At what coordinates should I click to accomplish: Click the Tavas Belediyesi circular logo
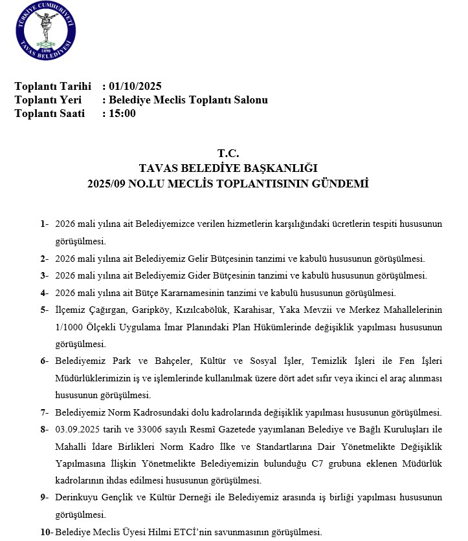[x=44, y=31]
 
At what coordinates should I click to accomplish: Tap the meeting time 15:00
[x=123, y=114]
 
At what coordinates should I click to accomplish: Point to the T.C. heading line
[x=228, y=154]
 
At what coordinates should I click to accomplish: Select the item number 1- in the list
[x=45, y=224]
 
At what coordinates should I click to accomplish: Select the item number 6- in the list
[x=45, y=361]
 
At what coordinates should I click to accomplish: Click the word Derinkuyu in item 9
[x=76, y=498]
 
